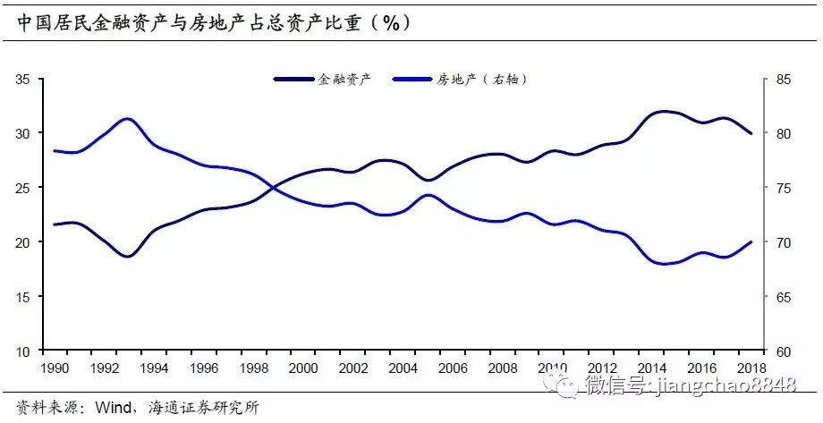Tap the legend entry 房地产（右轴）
pos(482,80)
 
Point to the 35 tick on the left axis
pos(23,80)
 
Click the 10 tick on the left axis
pos(23,351)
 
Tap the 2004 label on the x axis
pos(403,368)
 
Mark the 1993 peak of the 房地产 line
pos(127,118)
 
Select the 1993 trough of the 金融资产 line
pos(127,257)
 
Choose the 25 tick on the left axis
pos(23,188)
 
